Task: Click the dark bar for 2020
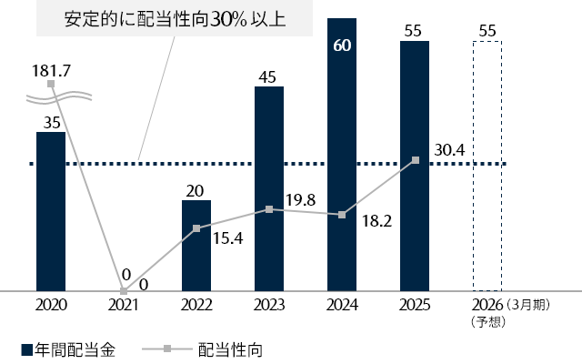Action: coord(51,211)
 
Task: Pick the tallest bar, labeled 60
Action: coord(342,155)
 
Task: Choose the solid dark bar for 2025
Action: coord(415,166)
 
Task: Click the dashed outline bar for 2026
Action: coord(487,166)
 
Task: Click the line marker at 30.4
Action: coord(415,160)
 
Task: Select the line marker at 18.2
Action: coord(342,215)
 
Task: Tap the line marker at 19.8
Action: coord(269,209)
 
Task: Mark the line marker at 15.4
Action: coord(196,228)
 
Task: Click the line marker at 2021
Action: coord(124,290)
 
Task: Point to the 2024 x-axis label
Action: coord(342,306)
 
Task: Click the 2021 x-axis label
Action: coord(124,306)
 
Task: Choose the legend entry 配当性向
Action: coord(229,349)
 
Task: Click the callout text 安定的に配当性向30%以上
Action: coord(164,18)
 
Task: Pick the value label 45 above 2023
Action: coord(269,76)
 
